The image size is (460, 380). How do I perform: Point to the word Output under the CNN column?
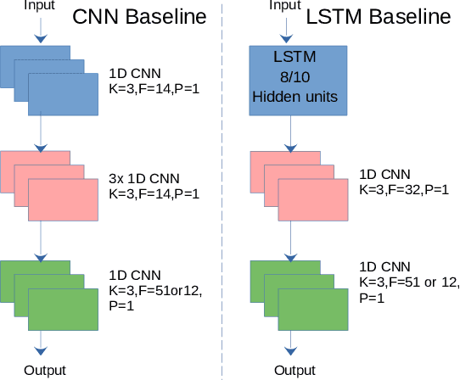tap(44, 370)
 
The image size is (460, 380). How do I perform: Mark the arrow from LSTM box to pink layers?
tap(289, 133)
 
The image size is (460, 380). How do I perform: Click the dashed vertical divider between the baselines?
tap(222, 190)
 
